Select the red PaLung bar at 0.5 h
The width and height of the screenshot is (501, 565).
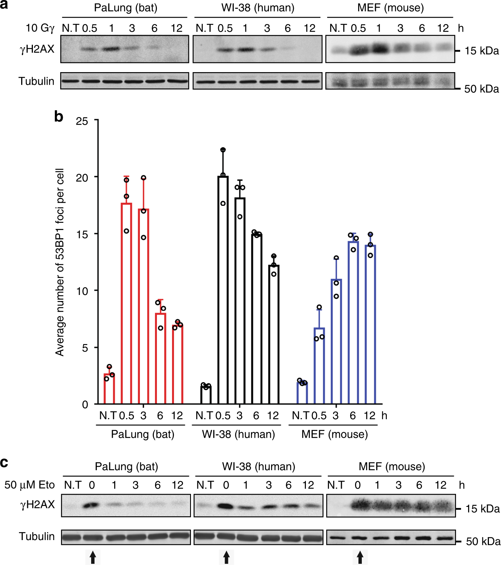coord(126,302)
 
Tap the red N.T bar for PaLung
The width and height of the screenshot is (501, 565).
coord(109,389)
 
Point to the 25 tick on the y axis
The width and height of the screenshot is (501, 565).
coord(82,121)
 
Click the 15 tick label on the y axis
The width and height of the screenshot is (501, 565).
coord(82,235)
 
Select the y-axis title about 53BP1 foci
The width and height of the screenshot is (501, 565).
coord(60,262)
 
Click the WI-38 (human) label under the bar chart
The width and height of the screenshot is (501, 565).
coord(238,434)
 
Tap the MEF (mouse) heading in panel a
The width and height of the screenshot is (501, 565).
coord(391,8)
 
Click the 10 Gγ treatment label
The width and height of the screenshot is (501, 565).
coord(40,28)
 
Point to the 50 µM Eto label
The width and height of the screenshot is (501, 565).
coord(29,485)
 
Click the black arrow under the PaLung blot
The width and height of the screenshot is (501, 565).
coord(93,557)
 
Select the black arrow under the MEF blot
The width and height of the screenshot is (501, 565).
coord(360,557)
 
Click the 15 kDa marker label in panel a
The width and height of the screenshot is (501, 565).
coord(482,51)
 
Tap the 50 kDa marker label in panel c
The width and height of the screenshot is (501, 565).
coord(483,542)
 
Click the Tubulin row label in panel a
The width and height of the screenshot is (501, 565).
coord(36,81)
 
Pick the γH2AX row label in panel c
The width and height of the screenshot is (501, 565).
coord(37,505)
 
